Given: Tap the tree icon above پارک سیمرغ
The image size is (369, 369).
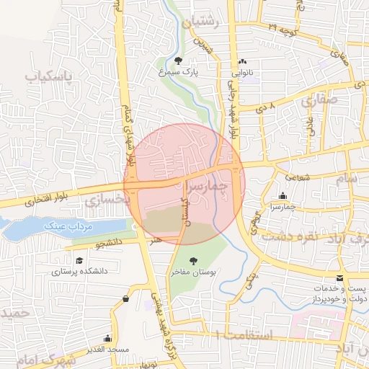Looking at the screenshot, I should [x=178, y=61].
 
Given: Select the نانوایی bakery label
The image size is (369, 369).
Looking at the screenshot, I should [x=242, y=74].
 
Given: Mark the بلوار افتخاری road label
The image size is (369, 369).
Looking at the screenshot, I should [x=30, y=202].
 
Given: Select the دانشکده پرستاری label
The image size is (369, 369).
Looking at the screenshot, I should [x=79, y=272].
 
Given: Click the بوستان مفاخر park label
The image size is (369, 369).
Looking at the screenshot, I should [x=193, y=272].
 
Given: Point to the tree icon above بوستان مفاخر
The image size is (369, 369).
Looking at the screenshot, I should [x=192, y=261].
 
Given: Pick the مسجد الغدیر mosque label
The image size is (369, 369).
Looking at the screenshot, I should [x=109, y=350].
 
